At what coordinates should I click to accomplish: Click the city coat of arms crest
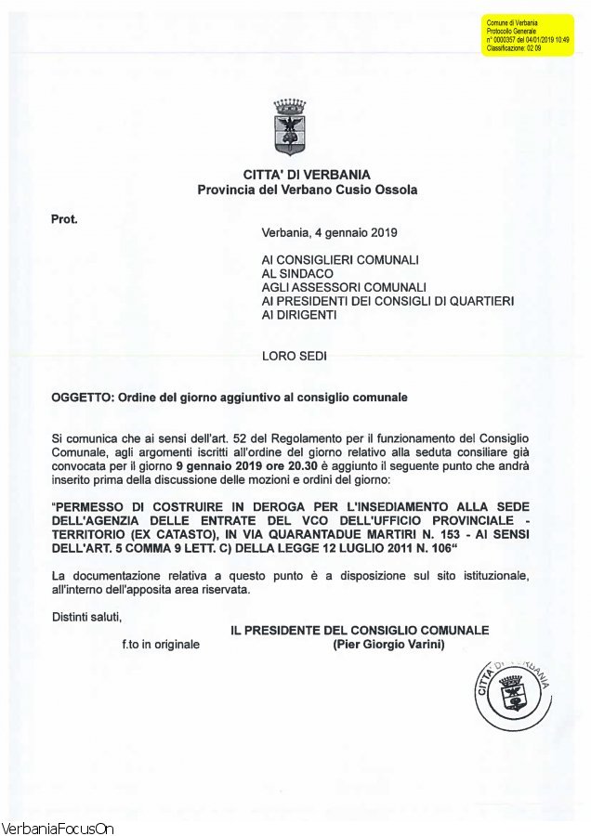click(290, 127)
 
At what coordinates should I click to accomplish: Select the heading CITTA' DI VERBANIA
click(307, 175)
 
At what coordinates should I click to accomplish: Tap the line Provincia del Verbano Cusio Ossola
click(307, 189)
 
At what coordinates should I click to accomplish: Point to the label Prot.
click(64, 220)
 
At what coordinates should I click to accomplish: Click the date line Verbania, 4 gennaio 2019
click(329, 232)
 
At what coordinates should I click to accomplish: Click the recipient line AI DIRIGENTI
click(299, 315)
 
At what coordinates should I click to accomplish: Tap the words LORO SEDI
click(295, 356)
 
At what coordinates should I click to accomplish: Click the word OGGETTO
click(81, 397)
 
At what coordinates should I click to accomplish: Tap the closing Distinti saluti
click(86, 615)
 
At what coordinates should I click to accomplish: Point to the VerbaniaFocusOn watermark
click(58, 828)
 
